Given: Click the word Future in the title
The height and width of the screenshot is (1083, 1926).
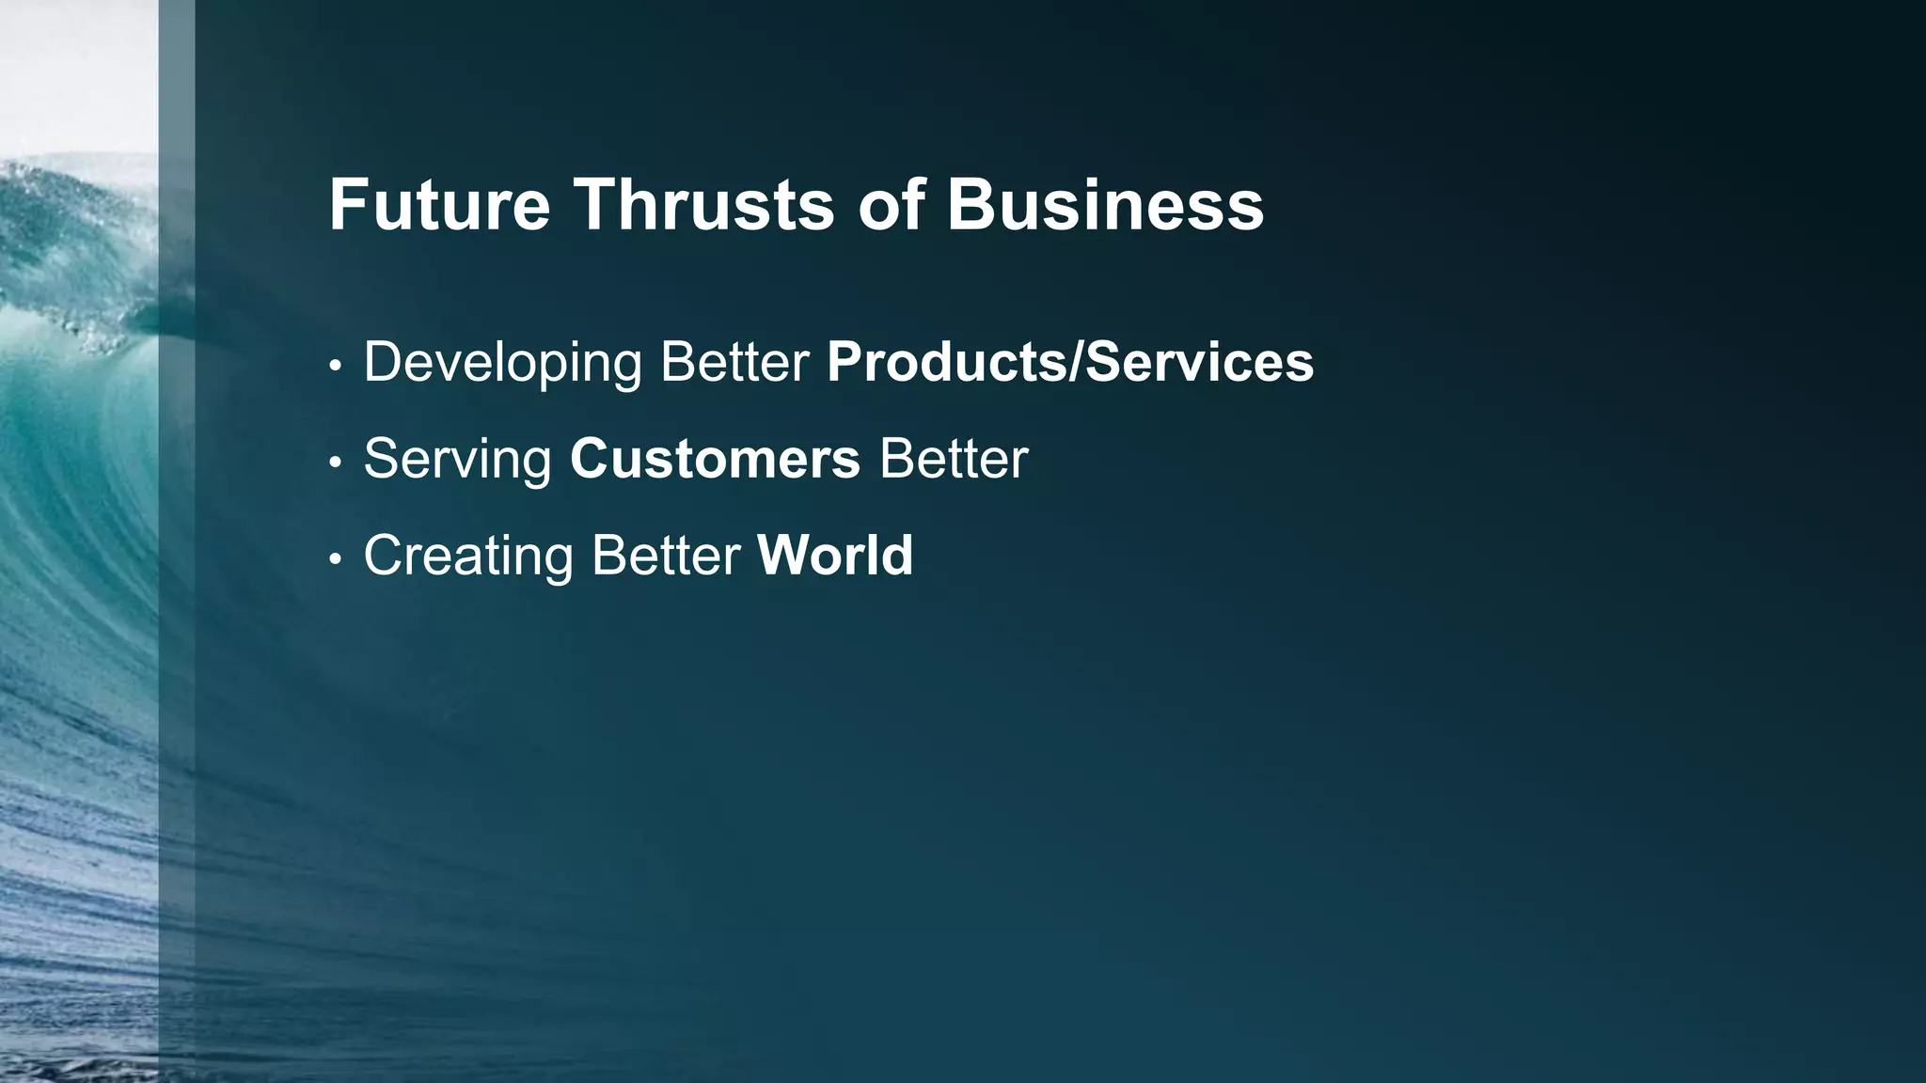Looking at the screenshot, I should click(438, 205).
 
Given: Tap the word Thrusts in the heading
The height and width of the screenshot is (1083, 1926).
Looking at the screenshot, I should click(703, 205).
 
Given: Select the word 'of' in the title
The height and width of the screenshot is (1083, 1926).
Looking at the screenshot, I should click(891, 205).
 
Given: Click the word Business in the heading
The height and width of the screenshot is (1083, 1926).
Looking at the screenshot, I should click(1105, 205).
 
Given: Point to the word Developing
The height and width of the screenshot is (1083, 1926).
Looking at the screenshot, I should click(502, 363).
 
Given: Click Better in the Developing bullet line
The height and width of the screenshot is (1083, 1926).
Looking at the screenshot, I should click(734, 363).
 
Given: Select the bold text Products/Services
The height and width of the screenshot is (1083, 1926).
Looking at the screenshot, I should click(1069, 363).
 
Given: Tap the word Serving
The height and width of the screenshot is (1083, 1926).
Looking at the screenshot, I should click(457, 460).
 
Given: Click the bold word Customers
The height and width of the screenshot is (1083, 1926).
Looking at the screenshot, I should click(715, 460).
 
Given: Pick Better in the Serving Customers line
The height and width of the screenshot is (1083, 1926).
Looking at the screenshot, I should click(953, 460).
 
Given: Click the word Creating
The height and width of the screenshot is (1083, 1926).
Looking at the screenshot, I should click(467, 556).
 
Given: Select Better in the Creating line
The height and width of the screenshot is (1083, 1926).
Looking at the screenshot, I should click(665, 556).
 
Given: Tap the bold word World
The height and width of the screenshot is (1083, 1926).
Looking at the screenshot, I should click(835, 556).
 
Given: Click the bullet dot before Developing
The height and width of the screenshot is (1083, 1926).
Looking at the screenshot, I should click(335, 367).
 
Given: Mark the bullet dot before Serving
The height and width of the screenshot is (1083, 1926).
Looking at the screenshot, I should click(335, 463).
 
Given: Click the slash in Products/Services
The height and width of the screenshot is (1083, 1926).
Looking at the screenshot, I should click(1076, 363).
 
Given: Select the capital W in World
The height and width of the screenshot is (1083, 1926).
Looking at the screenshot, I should click(780, 556).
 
